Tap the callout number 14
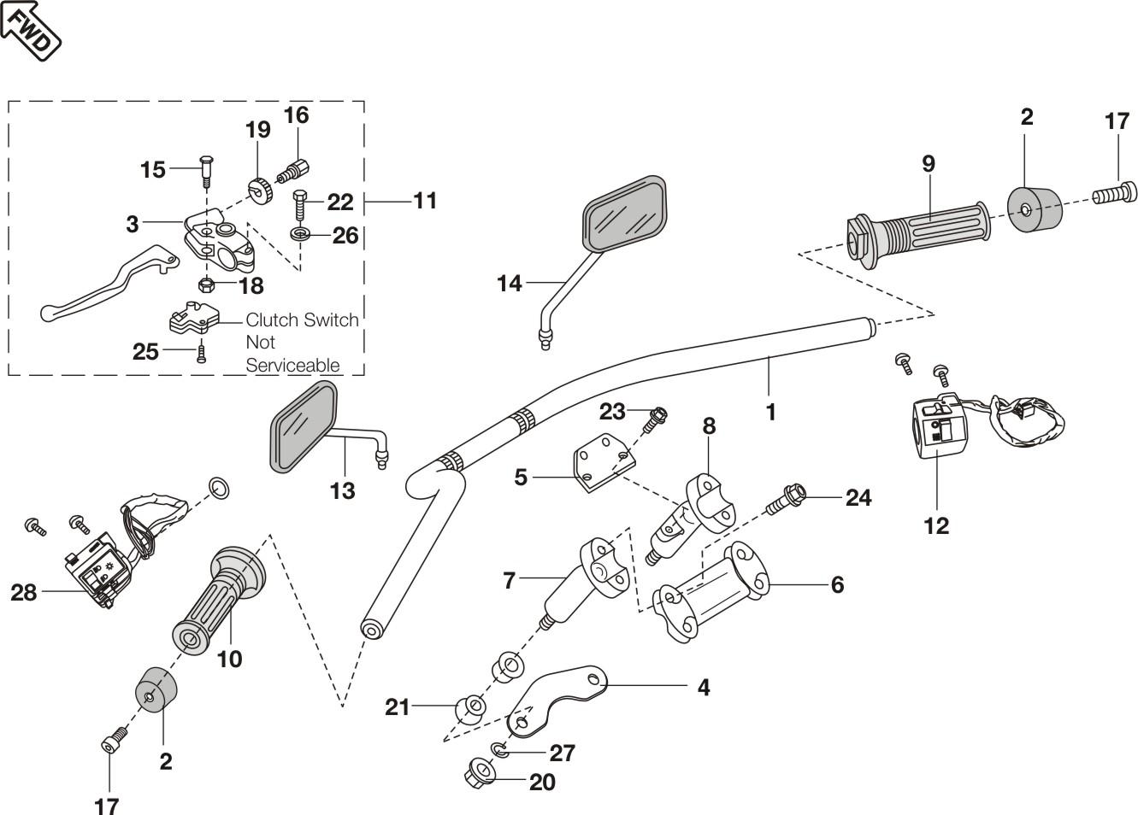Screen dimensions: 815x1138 pos(510,283)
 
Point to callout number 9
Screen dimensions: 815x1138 pos(929,163)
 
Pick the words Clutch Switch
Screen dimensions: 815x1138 pos(302,320)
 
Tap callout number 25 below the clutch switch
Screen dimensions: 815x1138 pos(146,351)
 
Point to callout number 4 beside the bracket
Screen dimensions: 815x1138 pos(704,687)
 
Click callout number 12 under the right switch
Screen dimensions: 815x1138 pos(936,525)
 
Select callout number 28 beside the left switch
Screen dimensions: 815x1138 pos(24,591)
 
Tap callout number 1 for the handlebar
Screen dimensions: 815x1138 pos(770,412)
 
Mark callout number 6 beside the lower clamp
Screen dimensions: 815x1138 pos(837,584)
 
